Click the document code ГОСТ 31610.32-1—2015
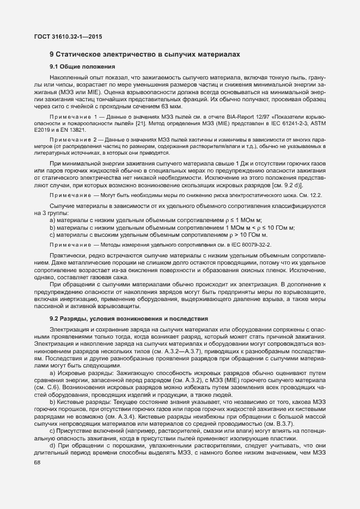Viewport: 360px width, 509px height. [x=64, y=36]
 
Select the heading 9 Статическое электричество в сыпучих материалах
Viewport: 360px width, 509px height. [x=144, y=55]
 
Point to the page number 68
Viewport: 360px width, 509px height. [x=37, y=462]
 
